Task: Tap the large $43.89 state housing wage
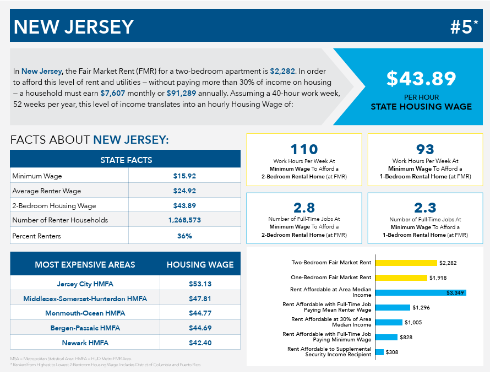[421, 78]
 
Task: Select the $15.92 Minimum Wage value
[184, 176]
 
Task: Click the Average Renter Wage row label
[47, 191]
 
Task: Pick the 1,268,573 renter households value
[184, 220]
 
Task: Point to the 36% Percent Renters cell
[184, 236]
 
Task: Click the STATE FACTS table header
[126, 160]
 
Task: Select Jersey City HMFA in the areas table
[85, 284]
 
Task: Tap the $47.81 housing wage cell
[200, 299]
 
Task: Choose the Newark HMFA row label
[85, 343]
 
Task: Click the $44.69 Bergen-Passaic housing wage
[200, 328]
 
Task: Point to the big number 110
[304, 149]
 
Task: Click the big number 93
[425, 149]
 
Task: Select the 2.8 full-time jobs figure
[304, 208]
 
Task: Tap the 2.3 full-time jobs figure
[425, 208]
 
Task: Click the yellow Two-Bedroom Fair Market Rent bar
[406, 263]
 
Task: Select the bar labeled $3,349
[421, 292]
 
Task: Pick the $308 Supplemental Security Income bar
[379, 352]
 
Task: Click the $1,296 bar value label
[421, 307]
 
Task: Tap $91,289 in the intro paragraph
[181, 93]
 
